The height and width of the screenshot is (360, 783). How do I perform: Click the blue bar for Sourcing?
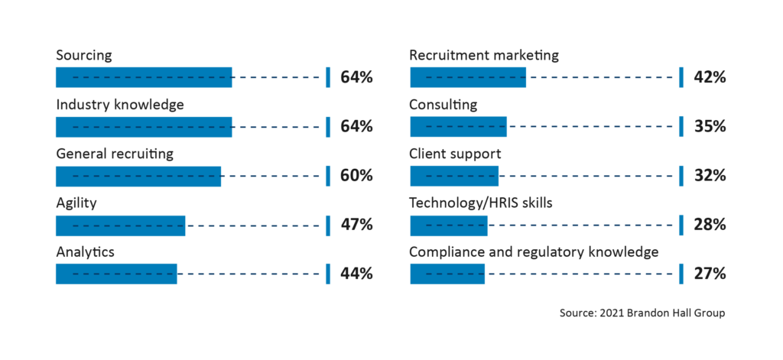(x=144, y=77)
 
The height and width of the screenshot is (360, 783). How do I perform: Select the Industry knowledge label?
(x=120, y=105)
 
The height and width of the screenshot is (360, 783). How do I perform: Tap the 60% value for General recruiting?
(x=356, y=176)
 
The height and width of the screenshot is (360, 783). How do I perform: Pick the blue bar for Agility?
(x=120, y=225)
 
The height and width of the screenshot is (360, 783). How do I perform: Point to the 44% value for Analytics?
(x=356, y=274)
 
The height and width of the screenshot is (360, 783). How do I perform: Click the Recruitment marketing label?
(x=484, y=56)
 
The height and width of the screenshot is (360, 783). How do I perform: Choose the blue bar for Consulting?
(x=458, y=126)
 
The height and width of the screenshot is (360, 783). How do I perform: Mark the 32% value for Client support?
(x=710, y=176)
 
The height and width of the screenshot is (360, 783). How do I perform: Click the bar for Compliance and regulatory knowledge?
(x=447, y=274)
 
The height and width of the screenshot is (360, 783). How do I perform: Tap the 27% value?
(x=710, y=274)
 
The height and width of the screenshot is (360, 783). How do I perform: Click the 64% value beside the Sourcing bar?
(x=356, y=77)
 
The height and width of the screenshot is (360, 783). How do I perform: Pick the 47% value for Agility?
(x=356, y=225)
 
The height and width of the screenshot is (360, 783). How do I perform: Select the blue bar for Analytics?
(x=116, y=274)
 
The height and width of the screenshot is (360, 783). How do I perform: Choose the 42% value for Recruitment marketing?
(x=710, y=77)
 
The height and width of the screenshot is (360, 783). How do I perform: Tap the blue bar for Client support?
(x=454, y=176)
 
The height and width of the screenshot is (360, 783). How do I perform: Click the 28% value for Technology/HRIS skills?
(x=710, y=225)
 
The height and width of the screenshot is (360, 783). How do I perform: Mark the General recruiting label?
(x=115, y=154)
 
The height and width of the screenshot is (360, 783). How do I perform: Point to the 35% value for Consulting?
(x=710, y=126)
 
